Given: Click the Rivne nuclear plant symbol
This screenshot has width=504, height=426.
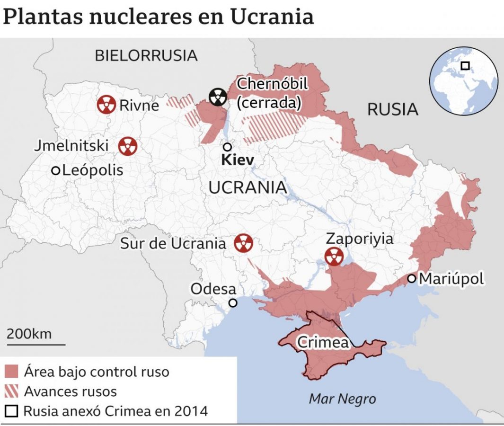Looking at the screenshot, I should (x=106, y=105).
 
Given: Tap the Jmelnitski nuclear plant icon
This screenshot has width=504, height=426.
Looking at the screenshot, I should (x=127, y=146).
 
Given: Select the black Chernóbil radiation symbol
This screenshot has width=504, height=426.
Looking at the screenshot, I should (x=218, y=97).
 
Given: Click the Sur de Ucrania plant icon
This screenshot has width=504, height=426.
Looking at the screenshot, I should (x=244, y=244).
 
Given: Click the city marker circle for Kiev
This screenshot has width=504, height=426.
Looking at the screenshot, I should (x=228, y=147).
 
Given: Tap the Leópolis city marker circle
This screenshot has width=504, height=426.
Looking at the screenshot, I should (x=56, y=170).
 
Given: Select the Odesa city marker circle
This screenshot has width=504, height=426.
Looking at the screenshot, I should (x=232, y=303).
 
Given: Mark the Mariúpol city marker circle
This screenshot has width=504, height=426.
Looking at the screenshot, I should (x=412, y=279).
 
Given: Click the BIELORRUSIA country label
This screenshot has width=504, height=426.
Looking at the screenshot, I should (x=146, y=55).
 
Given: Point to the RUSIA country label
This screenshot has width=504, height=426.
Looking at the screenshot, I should (x=393, y=109).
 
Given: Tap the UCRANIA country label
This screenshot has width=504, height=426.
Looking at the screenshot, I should (x=248, y=187).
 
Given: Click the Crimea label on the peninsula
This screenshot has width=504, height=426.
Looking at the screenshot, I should (x=322, y=342).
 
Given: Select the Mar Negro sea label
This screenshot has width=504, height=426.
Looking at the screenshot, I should (x=342, y=399).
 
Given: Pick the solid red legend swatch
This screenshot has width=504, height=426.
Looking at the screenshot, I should (x=13, y=372).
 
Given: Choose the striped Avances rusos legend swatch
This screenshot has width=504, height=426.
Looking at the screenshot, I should (x=13, y=391).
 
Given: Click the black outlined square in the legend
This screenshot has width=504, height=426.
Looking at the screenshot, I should (x=13, y=411).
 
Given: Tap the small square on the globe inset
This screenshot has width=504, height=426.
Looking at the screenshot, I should (x=465, y=66).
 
